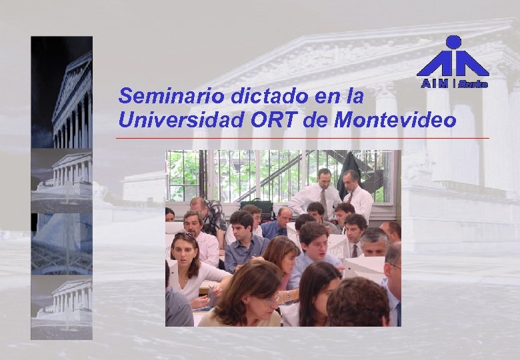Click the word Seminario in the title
155,96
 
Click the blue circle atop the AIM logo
453,43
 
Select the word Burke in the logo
473,84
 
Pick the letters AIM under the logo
435,84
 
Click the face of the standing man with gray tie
325,179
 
